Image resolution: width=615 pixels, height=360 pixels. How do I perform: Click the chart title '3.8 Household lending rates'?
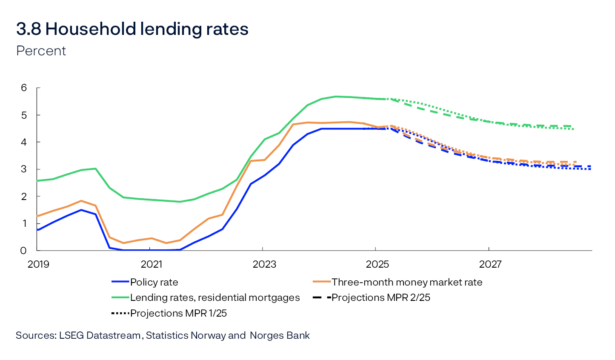[x=132, y=29]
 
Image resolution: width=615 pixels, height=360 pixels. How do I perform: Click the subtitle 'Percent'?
[x=41, y=51]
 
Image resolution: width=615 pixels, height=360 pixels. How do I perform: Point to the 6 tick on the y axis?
[x=23, y=88]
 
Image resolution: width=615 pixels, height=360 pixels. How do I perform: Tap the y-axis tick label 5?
[x=23, y=115]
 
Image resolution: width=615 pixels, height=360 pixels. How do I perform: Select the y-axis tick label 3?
[x=23, y=169]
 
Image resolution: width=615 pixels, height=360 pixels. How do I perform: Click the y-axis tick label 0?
[x=23, y=251]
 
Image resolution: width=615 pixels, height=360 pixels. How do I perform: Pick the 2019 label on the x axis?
[x=38, y=264]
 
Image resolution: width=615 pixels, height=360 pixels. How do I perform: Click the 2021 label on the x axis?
[x=152, y=264]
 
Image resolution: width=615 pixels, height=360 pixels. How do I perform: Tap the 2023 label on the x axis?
[x=264, y=264]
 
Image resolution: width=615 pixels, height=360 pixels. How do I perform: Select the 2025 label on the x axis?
[x=378, y=264]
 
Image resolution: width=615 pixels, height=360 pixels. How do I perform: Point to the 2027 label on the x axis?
[x=490, y=264]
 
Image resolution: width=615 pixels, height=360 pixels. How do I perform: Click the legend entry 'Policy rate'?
[x=154, y=282]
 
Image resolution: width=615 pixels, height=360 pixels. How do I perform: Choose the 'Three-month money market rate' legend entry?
[x=407, y=282]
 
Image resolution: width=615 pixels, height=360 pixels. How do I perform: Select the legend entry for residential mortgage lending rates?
[x=215, y=297]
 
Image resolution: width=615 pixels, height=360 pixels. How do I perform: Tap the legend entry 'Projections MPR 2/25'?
[x=380, y=297]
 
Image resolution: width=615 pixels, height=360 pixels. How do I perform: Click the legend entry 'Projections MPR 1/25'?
[x=178, y=313]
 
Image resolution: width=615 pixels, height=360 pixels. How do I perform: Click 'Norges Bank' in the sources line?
[x=280, y=335]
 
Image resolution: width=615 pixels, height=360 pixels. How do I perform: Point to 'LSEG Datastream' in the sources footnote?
[x=100, y=335]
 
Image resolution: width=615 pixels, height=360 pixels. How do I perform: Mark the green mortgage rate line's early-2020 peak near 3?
[x=95, y=169]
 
